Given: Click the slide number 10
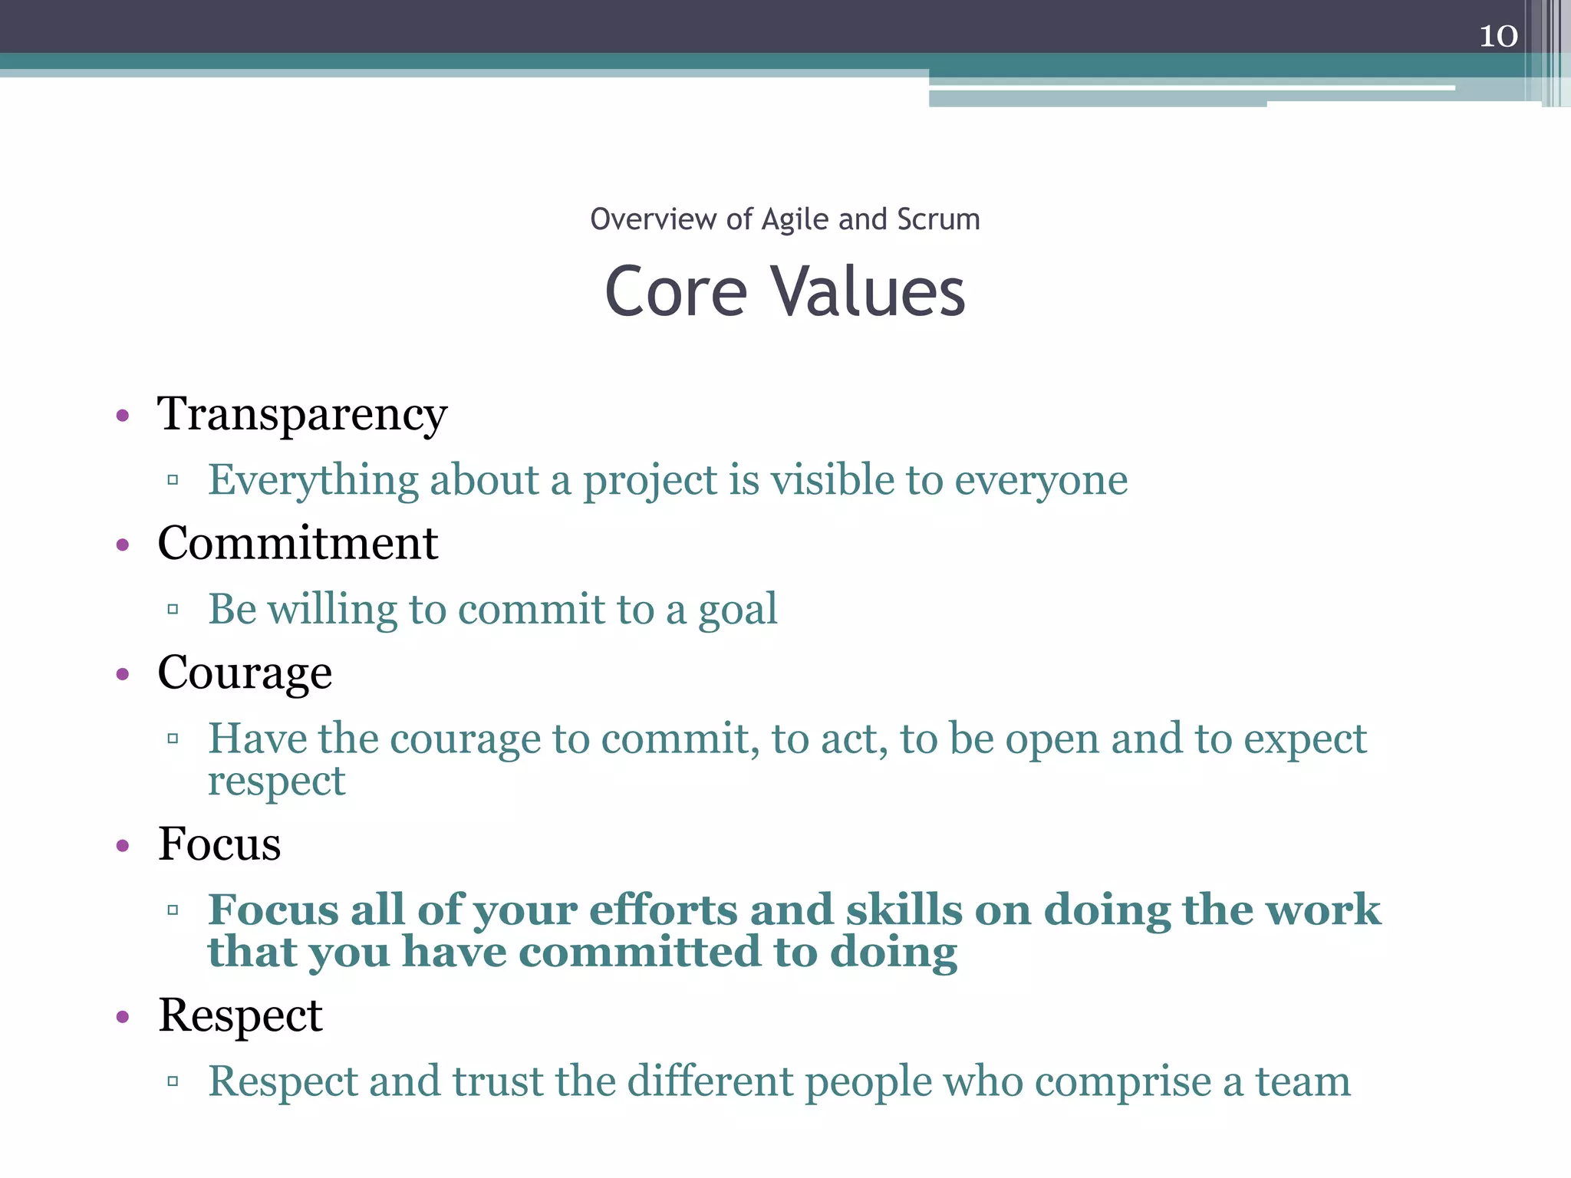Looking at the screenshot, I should point(1498,36).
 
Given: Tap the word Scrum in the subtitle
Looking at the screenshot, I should point(938,219).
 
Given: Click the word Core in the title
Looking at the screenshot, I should point(675,293).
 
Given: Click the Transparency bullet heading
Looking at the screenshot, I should point(302,415).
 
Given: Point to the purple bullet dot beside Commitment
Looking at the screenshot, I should point(123,545).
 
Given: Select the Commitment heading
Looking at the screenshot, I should point(298,544).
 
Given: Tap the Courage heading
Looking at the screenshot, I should point(245,673).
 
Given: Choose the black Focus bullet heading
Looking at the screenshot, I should point(219,844).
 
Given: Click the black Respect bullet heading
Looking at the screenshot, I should point(240,1016).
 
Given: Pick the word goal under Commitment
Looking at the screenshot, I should point(737,610).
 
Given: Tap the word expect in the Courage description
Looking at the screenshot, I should point(1305,739).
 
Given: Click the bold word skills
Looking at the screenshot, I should point(904,910).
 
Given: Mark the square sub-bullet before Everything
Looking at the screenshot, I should point(173,481).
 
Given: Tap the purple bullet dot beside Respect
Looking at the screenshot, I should point(123,1018).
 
